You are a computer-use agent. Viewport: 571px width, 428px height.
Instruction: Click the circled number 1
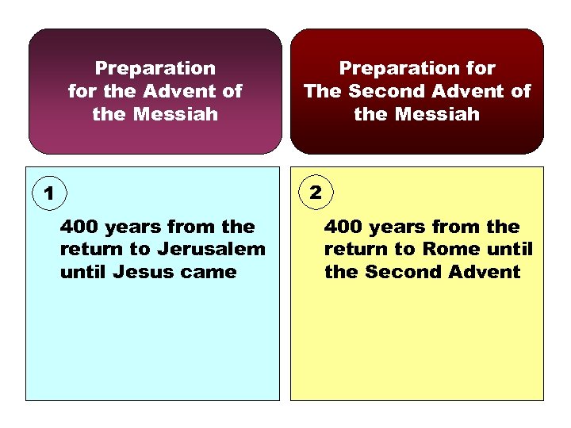49,193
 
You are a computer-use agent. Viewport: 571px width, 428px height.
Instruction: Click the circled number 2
316,192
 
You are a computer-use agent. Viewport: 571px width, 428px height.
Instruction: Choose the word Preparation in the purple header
155,69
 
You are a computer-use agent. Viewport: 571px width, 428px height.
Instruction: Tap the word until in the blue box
84,272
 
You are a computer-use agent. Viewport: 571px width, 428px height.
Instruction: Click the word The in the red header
322,91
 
